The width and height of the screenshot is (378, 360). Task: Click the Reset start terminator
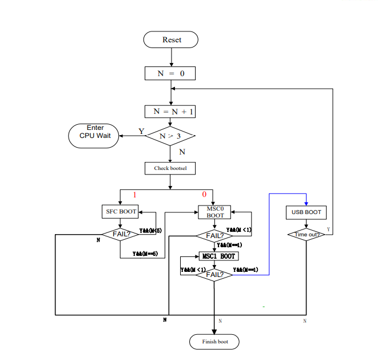click(x=171, y=39)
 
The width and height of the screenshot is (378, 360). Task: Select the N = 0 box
click(x=171, y=73)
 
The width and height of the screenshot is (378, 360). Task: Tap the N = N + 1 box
click(x=170, y=111)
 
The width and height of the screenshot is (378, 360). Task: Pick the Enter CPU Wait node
click(x=94, y=135)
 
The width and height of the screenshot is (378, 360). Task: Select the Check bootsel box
click(x=170, y=168)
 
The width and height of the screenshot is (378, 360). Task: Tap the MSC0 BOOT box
click(x=215, y=212)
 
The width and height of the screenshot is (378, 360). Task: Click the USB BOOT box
click(x=306, y=212)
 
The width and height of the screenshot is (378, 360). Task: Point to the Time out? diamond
click(x=306, y=234)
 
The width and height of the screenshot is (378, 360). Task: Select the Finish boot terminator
click(x=214, y=342)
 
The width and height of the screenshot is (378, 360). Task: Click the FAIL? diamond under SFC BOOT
click(x=121, y=235)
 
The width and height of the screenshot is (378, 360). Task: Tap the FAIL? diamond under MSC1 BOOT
click(x=214, y=275)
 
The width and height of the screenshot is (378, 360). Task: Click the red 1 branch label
click(x=135, y=195)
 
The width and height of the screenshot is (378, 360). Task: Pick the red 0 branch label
click(x=204, y=195)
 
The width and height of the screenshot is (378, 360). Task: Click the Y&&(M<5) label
click(x=150, y=231)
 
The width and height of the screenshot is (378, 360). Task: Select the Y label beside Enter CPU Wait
click(x=141, y=131)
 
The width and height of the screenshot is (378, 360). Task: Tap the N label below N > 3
click(x=182, y=152)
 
